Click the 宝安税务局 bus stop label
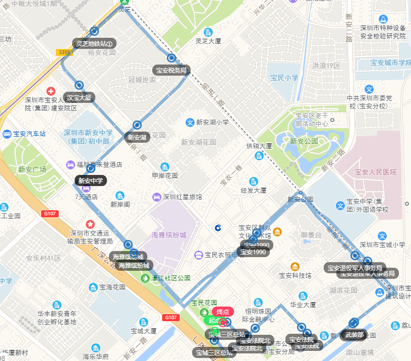tap(171, 70)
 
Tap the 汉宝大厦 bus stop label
tap(79, 97)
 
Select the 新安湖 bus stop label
tap(137, 137)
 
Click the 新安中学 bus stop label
tap(91, 180)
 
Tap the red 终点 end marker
tap(223, 312)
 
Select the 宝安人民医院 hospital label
tap(376, 172)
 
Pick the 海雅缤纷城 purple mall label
tap(168, 235)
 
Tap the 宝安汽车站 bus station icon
tap(7, 134)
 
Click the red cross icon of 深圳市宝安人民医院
tap(51, 91)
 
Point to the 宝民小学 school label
tap(284, 78)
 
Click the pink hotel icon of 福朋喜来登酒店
tap(70, 164)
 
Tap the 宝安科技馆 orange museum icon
tap(295, 266)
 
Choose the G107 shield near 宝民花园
tap(170, 317)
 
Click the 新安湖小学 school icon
tap(190, 122)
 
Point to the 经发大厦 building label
tap(254, 191)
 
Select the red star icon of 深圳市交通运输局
tap(90, 224)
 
